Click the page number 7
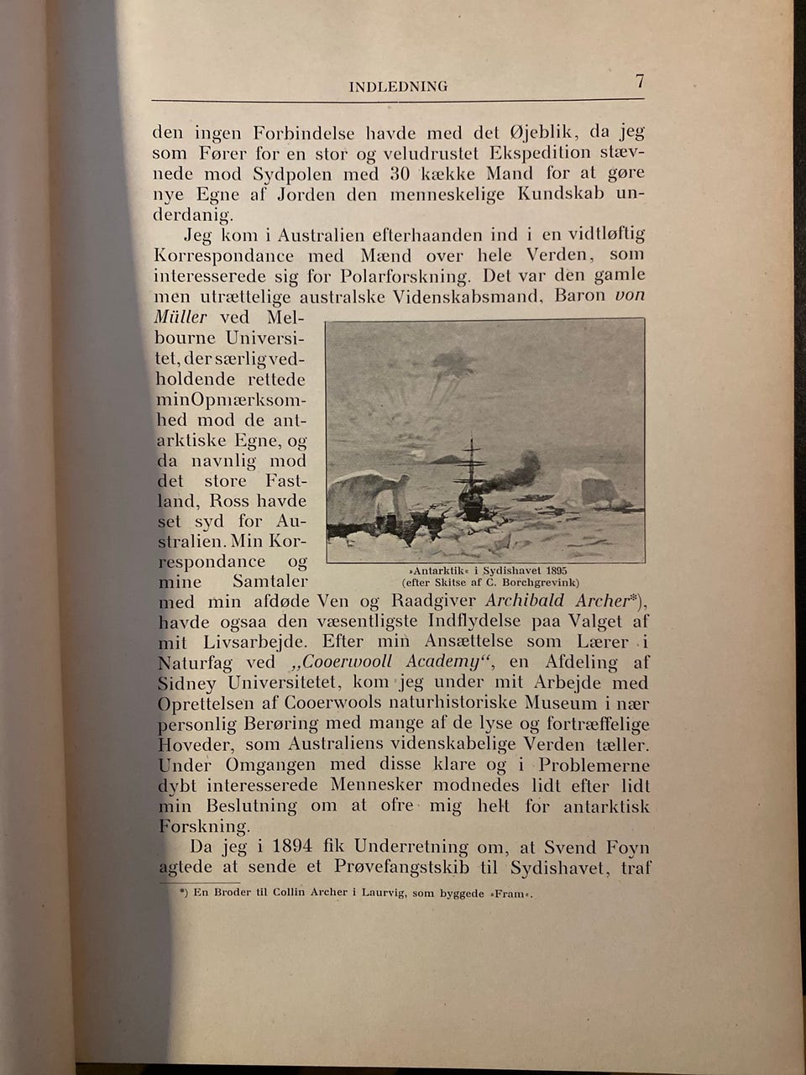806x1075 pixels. (x=640, y=81)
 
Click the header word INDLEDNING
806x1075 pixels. (x=398, y=86)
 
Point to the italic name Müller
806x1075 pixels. (x=181, y=317)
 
